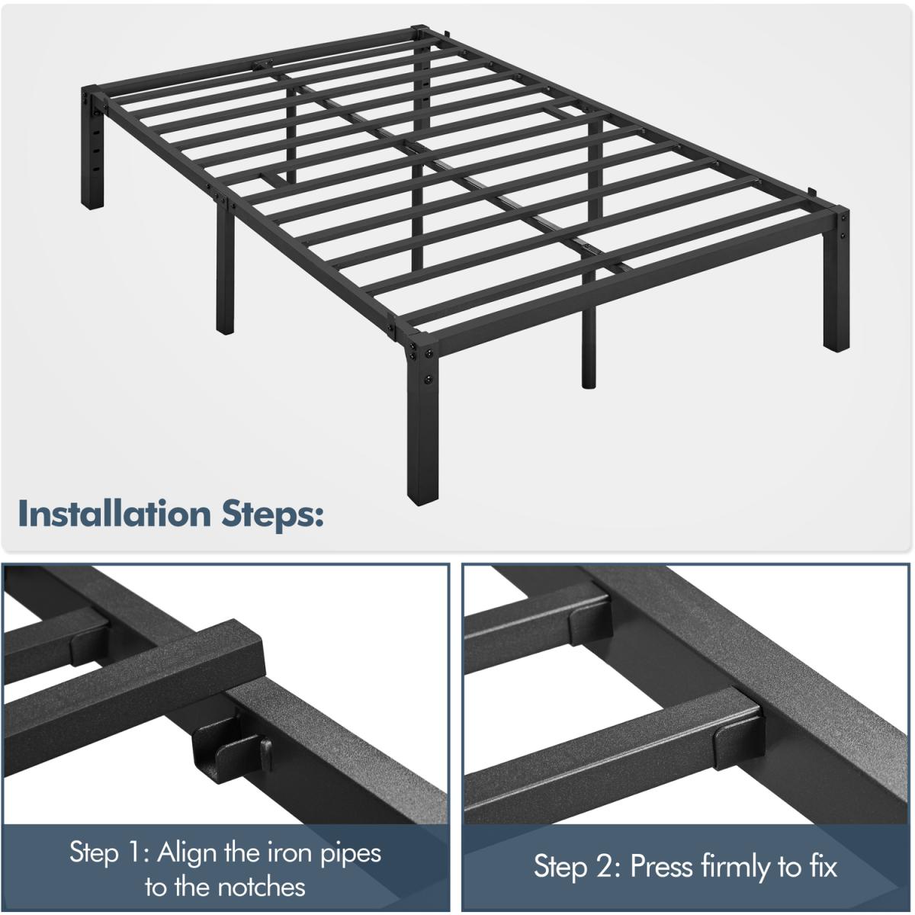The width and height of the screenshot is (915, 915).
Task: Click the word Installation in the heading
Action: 114,514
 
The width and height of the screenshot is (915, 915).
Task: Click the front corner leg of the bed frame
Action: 422,418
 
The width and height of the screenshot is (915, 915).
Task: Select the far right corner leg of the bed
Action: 836,280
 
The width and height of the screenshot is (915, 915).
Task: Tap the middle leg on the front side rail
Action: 225,266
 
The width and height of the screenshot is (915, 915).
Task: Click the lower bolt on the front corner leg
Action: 429,379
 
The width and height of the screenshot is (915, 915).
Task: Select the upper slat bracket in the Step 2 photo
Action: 589,620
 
